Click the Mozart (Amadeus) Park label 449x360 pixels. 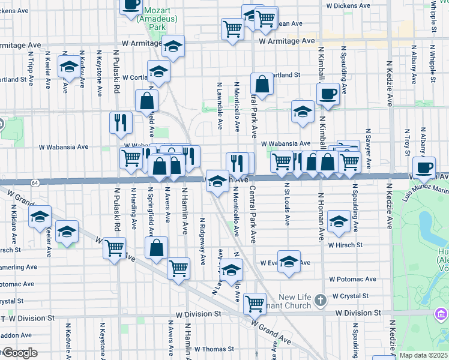point(150,23)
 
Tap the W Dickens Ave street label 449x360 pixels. point(351,5)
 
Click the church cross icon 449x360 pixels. point(321,299)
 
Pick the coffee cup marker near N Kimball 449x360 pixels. point(328,94)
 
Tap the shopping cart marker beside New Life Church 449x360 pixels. point(255,302)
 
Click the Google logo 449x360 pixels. point(19,353)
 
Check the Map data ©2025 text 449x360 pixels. point(424,355)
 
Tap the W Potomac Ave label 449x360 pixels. point(352,280)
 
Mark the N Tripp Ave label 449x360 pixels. point(29,66)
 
